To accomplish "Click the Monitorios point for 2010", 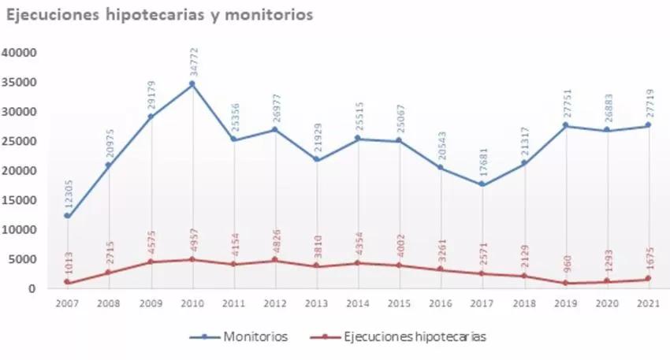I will [192, 84].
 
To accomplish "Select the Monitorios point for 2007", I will [67, 216].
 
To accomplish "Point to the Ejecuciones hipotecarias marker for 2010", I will [192, 259].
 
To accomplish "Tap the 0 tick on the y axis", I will [34, 289].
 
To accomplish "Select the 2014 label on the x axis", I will [359, 303].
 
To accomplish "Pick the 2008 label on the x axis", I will [109, 303].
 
